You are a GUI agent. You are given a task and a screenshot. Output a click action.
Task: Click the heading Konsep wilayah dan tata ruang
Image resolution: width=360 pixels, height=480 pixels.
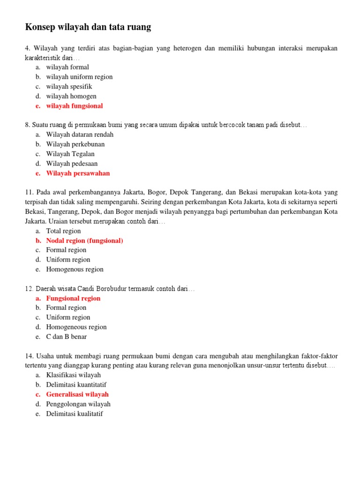[x=88, y=27]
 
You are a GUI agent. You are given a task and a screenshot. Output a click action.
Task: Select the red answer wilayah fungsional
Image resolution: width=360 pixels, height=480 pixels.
[x=74, y=106]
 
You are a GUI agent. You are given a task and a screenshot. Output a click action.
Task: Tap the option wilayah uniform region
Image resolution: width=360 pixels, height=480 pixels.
[x=79, y=77]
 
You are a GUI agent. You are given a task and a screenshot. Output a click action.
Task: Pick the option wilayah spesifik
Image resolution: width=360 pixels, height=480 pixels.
[x=69, y=87]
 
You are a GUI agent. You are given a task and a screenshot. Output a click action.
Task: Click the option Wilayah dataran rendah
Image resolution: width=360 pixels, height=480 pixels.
[x=80, y=135]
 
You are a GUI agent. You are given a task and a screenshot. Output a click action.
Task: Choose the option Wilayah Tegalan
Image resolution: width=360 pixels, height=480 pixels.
[x=70, y=154]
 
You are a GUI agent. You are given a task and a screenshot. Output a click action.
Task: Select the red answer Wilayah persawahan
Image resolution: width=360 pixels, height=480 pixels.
[x=78, y=173]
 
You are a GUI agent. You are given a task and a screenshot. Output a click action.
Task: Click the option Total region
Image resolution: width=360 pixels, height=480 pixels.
[x=63, y=231]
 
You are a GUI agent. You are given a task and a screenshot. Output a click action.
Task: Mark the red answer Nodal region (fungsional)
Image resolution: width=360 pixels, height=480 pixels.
[x=84, y=240]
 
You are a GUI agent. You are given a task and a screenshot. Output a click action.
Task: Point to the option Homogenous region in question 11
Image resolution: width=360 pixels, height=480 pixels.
[x=75, y=270]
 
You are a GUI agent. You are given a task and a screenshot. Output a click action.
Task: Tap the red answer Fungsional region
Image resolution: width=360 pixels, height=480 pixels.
[x=73, y=298]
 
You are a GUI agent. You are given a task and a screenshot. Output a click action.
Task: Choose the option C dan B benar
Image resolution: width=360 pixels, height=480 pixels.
[x=66, y=337]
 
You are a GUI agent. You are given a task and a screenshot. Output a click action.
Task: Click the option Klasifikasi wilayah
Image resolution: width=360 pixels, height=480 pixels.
[x=73, y=375]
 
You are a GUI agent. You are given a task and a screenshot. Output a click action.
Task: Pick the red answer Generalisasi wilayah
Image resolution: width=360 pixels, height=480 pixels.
[x=77, y=394]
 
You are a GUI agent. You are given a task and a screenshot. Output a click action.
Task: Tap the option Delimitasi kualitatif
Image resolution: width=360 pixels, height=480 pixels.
[x=75, y=414]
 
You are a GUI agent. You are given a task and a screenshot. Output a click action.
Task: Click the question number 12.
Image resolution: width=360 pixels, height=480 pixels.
[x=29, y=289]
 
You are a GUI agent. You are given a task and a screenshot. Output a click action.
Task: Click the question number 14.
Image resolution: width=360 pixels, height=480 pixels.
[x=29, y=356]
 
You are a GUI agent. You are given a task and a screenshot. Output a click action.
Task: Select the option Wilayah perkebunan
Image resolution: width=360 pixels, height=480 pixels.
[x=75, y=144]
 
